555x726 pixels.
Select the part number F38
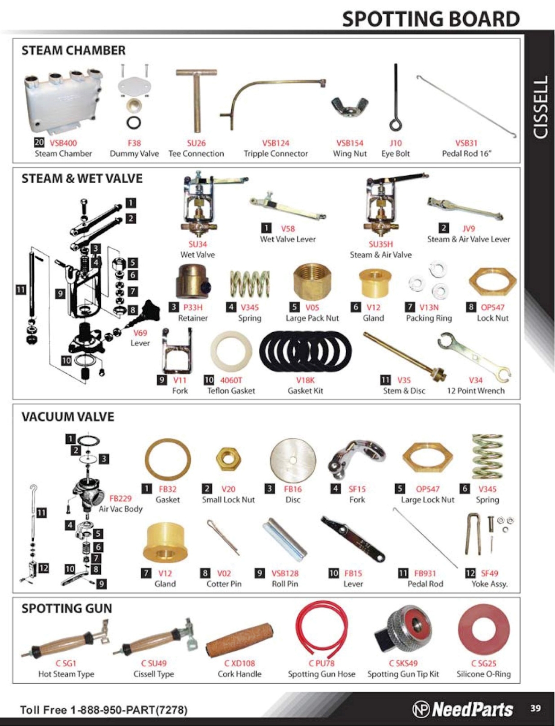[x=134, y=143]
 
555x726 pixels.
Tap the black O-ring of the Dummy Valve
[x=134, y=123]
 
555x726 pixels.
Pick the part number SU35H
[x=380, y=244]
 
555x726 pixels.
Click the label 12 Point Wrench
[x=476, y=391]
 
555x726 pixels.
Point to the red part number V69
[x=140, y=333]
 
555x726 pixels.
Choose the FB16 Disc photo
[x=293, y=460]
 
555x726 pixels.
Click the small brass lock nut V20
[x=228, y=459]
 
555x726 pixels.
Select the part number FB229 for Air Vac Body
[x=120, y=498]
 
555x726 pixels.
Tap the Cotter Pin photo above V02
[x=223, y=537]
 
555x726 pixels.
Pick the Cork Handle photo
[x=240, y=640]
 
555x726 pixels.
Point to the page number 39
[x=535, y=708]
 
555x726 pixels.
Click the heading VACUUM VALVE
[x=68, y=417]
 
